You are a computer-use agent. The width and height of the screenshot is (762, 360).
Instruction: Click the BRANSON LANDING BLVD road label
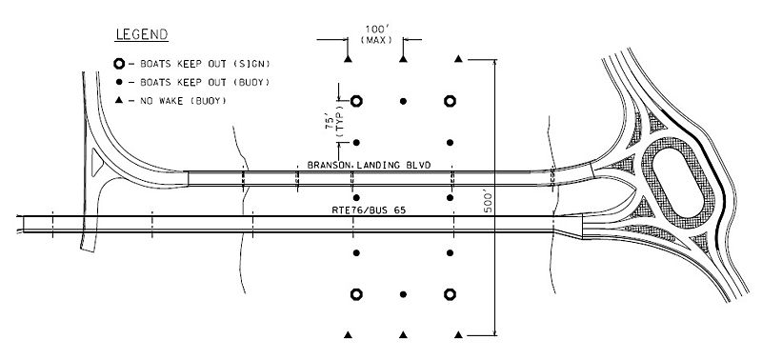369,166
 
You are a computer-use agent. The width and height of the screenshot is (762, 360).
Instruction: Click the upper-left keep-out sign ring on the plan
357,101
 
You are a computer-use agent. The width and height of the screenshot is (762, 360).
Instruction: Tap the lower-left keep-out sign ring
357,293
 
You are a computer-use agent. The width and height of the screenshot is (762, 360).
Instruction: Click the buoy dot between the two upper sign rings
404,101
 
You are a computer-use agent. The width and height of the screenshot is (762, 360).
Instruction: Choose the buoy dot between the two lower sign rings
404,293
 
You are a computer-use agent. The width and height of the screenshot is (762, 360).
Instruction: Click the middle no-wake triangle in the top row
404,60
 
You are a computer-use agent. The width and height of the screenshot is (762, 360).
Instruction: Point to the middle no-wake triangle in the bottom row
404,334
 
